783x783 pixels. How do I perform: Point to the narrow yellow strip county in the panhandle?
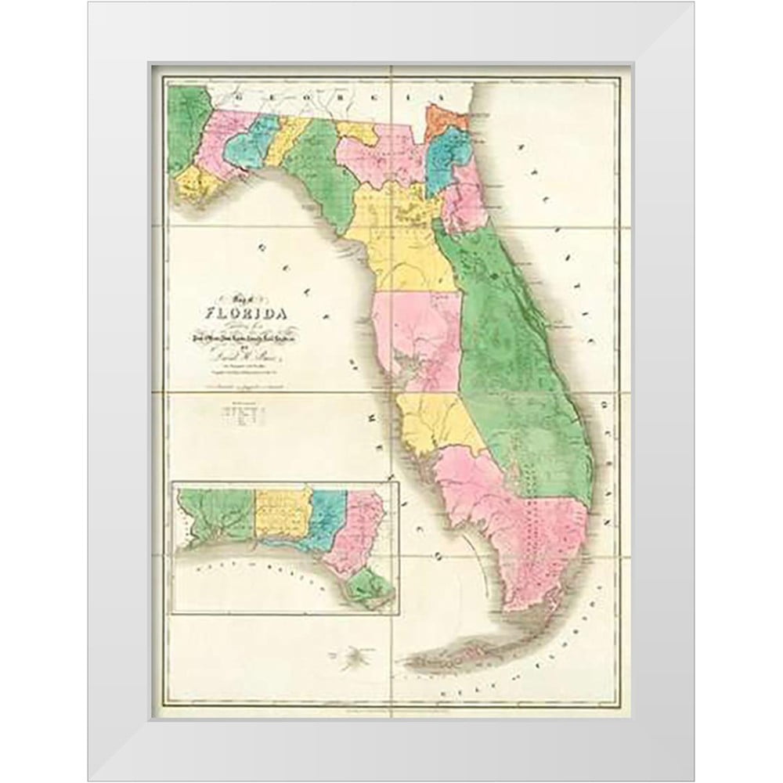pyautogui.click(x=280, y=141)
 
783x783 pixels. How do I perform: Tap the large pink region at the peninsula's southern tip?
pyautogui.click(x=532, y=532)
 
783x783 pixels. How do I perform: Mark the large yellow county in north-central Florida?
pyautogui.click(x=399, y=235)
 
